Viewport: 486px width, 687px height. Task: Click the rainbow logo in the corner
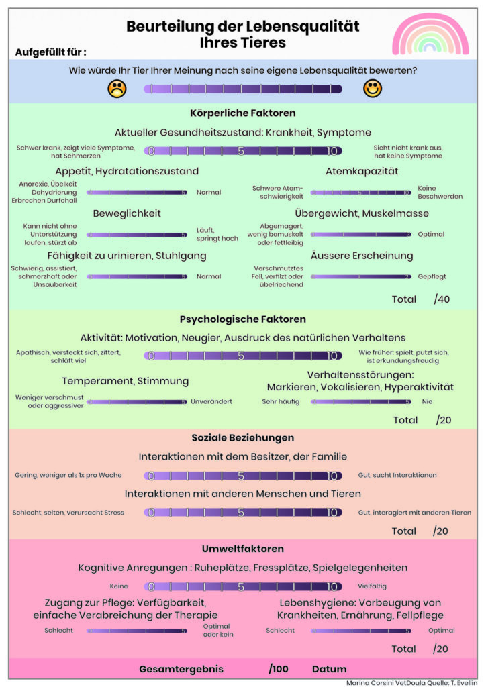point(430,35)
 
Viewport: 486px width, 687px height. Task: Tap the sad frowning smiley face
point(117,88)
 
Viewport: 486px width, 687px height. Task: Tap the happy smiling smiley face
point(372,88)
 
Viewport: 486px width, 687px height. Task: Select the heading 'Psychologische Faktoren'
point(243,319)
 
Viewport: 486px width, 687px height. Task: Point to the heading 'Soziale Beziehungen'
point(243,437)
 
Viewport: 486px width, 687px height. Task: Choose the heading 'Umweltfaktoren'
point(243,549)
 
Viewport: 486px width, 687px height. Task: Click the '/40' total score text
point(442,299)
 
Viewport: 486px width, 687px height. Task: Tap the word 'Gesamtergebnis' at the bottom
point(181,669)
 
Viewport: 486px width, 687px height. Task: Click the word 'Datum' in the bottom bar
point(330,669)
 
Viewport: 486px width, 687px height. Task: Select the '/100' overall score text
point(278,669)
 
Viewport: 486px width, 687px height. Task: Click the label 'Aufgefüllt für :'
point(50,52)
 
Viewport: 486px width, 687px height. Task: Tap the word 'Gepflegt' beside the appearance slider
point(432,276)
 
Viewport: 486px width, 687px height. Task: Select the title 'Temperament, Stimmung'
point(126,381)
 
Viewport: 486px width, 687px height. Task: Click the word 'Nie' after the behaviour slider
point(427,401)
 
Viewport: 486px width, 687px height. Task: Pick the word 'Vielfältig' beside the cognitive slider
point(372,586)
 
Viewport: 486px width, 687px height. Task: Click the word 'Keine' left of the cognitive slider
point(119,586)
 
